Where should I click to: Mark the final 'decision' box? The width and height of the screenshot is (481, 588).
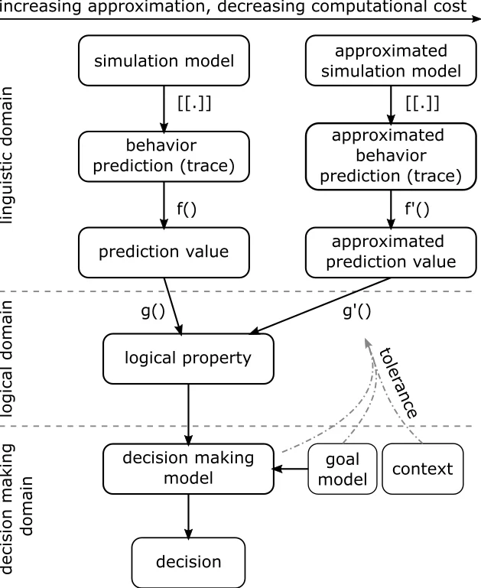tap(189, 562)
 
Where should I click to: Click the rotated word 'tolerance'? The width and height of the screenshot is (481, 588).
tap(398, 381)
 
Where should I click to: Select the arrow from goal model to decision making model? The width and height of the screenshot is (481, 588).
tap(290, 467)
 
